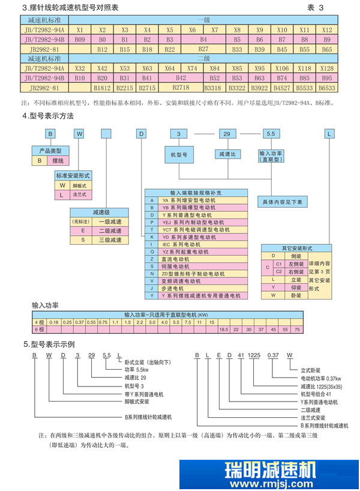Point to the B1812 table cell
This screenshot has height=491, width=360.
tap(102, 88)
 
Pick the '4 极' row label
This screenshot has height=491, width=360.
tap(39, 322)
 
